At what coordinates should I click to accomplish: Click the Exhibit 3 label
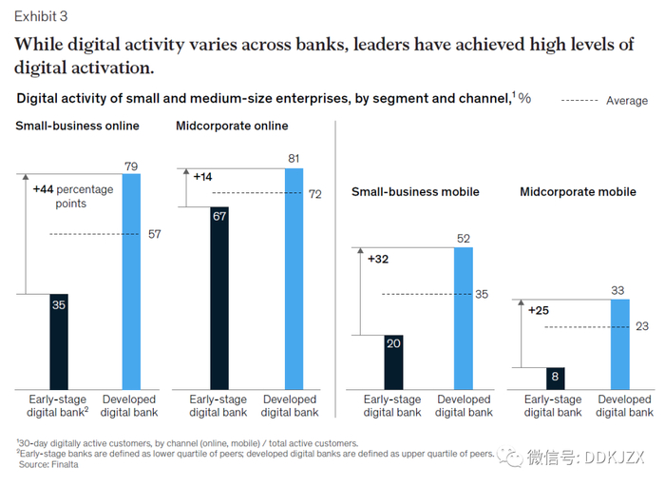(40, 16)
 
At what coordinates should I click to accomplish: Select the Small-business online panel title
(76, 126)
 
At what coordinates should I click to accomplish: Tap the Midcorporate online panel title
(232, 126)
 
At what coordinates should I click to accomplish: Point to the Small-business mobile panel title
(415, 191)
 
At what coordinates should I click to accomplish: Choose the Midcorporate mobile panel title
(578, 191)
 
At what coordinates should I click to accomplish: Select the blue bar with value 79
(131, 282)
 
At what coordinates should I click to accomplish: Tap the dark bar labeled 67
(218, 298)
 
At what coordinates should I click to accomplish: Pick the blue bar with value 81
(294, 279)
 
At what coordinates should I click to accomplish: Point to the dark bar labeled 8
(555, 378)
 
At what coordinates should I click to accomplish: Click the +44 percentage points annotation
(72, 196)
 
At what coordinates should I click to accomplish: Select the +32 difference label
(378, 258)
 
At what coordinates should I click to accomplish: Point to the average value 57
(154, 234)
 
